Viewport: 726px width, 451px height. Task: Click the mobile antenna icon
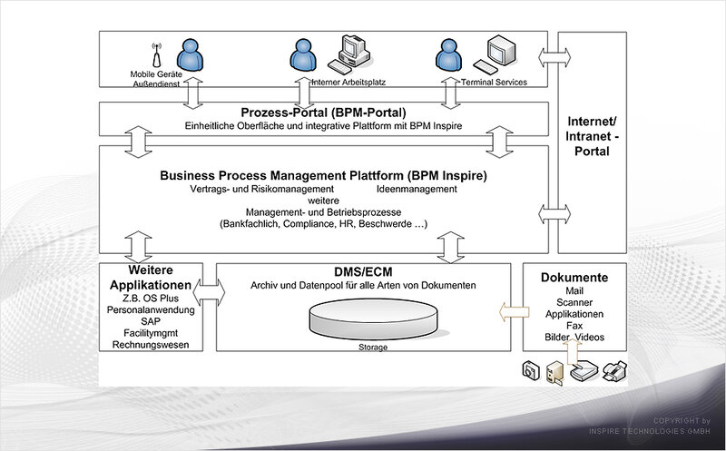point(156,54)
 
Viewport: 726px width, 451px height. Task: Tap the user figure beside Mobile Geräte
point(190,54)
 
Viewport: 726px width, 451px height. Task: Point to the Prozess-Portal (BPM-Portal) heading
point(323,113)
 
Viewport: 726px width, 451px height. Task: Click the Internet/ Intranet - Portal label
point(592,136)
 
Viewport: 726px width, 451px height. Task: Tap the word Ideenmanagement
point(417,189)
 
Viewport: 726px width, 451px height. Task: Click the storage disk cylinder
point(373,319)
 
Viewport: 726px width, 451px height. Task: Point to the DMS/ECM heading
point(363,272)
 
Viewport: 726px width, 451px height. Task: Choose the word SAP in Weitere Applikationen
point(151,321)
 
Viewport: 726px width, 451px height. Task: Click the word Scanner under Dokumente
point(574,302)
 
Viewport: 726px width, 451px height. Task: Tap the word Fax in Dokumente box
point(574,326)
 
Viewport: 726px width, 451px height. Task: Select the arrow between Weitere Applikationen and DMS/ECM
point(209,292)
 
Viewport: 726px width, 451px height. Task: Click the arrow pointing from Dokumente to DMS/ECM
point(514,312)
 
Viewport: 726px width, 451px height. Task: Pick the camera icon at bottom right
point(531,370)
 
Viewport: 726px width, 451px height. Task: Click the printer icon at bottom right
point(615,371)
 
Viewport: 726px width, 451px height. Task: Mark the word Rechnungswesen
point(151,345)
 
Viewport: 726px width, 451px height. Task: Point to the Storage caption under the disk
point(373,348)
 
